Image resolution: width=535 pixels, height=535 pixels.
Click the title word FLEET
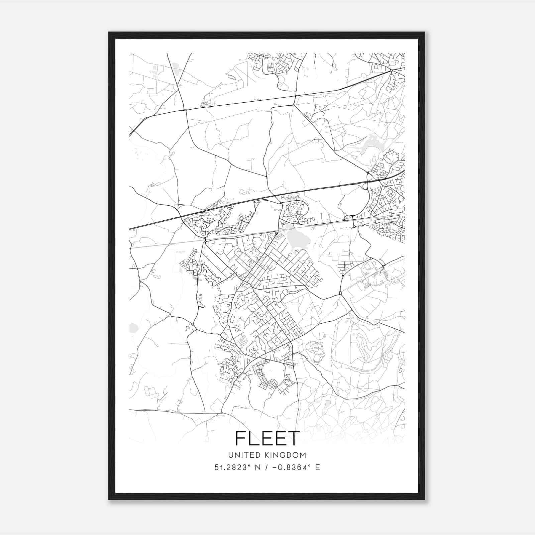267,438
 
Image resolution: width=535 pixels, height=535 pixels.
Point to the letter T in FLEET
292,438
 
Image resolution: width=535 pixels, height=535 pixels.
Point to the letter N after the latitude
258,467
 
